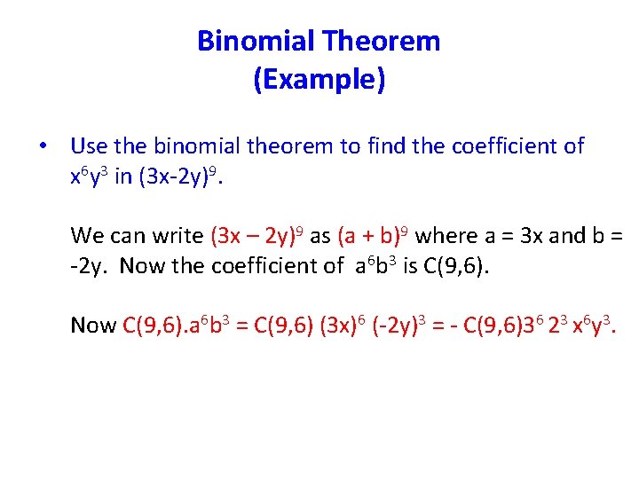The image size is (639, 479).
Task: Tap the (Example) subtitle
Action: pyautogui.click(x=319, y=80)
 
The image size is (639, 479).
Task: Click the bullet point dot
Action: pyautogui.click(x=42, y=146)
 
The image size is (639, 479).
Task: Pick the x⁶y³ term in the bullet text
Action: pyautogui.click(x=89, y=177)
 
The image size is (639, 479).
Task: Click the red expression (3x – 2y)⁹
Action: pyautogui.click(x=257, y=236)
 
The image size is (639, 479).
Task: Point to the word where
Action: pyautogui.click(x=444, y=236)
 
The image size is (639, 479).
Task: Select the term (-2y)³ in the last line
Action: pyautogui.click(x=405, y=326)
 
